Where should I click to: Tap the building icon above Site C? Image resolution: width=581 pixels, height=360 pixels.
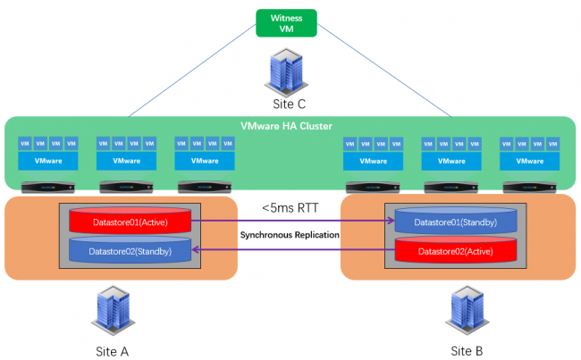click(x=289, y=69)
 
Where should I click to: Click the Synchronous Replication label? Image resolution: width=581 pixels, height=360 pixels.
click(x=288, y=234)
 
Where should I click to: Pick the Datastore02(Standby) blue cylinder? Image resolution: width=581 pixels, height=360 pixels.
click(x=131, y=251)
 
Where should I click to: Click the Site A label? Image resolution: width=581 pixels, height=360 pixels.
click(x=112, y=350)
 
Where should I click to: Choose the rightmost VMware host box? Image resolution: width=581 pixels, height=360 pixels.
click(x=530, y=162)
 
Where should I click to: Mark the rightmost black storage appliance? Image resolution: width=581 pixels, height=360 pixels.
click(x=530, y=187)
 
